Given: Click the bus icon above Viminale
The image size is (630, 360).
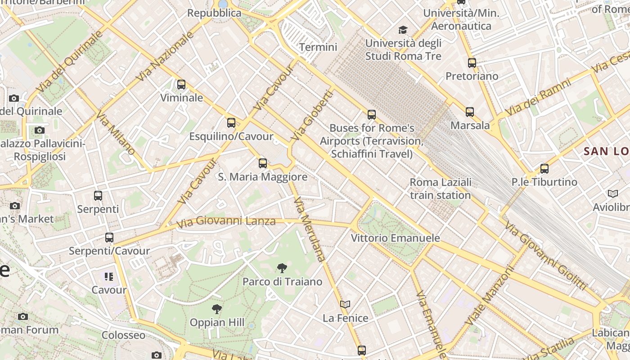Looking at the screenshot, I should (x=181, y=84).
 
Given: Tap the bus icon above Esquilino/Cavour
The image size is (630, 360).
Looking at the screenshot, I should (x=231, y=122).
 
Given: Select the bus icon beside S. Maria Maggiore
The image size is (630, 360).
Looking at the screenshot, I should (x=263, y=163).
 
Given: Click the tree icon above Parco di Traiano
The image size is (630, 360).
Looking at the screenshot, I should (x=282, y=269).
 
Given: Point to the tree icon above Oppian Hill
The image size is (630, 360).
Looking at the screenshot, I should (x=217, y=309).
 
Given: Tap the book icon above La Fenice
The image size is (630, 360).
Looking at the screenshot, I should (x=345, y=305).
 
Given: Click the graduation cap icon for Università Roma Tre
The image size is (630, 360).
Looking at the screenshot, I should (x=403, y=30).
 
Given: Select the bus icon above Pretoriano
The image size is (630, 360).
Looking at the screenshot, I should (x=472, y=63).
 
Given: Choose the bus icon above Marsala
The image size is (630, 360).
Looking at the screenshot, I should (x=470, y=112).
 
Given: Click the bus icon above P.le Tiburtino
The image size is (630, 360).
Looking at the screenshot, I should (x=544, y=169).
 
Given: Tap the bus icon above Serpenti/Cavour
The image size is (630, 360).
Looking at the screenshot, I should (x=109, y=237).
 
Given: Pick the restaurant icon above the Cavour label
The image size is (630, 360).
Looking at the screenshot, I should (x=109, y=276).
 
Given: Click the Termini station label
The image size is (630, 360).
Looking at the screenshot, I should (x=318, y=47).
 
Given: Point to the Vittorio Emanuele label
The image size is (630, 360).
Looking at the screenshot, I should (x=395, y=238).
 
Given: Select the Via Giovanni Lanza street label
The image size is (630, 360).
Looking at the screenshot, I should (x=226, y=221).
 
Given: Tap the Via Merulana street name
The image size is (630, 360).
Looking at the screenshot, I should (x=309, y=229).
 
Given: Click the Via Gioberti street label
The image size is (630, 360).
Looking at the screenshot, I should (x=313, y=115).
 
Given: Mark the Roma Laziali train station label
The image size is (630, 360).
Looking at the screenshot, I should (x=441, y=189).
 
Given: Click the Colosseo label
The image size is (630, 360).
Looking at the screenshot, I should (x=123, y=335).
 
